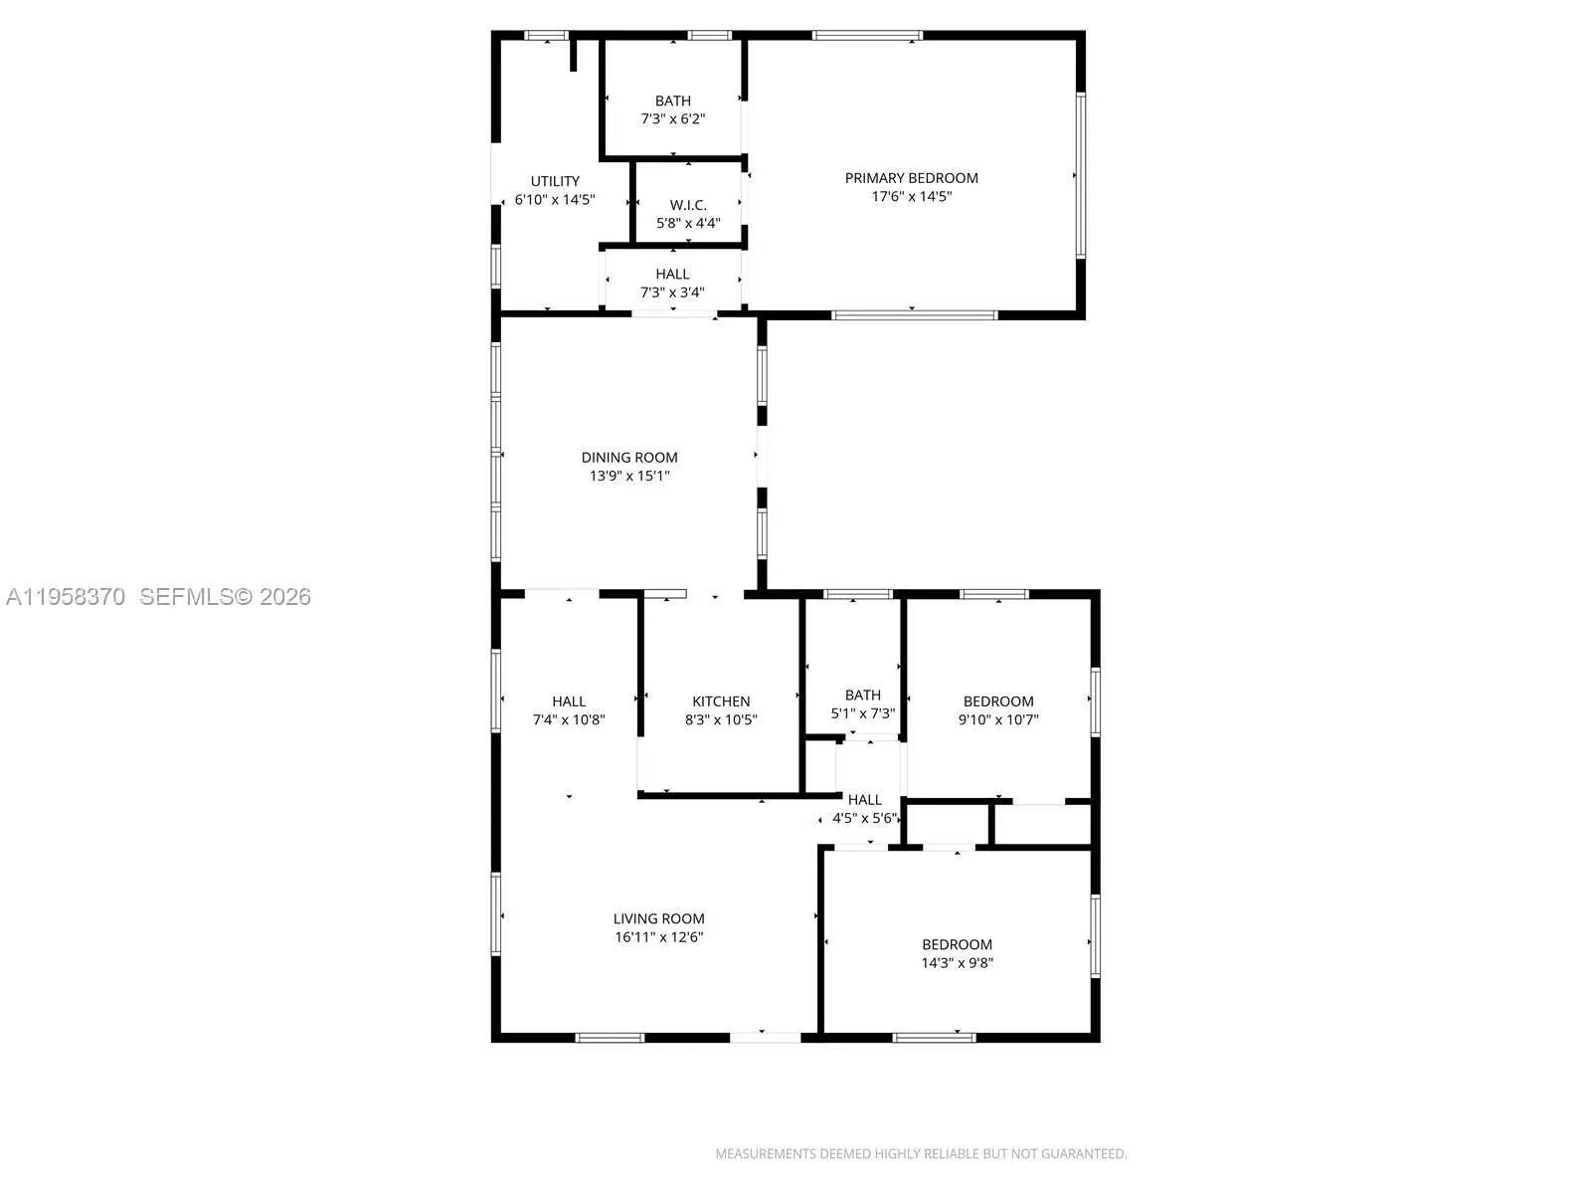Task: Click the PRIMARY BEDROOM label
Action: point(911,178)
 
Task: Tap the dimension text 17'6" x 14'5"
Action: point(911,197)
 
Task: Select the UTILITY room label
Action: point(555,181)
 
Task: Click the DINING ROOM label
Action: point(629,458)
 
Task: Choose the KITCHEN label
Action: point(721,701)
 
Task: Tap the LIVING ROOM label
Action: point(658,918)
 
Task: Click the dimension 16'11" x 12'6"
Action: point(658,937)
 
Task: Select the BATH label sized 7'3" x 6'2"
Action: point(673,100)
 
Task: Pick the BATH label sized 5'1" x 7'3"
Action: point(863,696)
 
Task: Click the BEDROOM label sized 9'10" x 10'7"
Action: point(998,701)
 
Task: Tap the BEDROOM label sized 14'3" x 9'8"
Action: point(957,944)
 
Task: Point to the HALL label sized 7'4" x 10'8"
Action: point(569,701)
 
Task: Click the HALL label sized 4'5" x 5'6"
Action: point(865,800)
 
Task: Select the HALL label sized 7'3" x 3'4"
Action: point(672,274)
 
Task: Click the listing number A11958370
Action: point(66,597)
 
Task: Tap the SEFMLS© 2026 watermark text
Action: point(225,597)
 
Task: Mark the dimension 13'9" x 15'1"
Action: point(629,477)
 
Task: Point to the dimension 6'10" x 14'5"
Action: point(555,200)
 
